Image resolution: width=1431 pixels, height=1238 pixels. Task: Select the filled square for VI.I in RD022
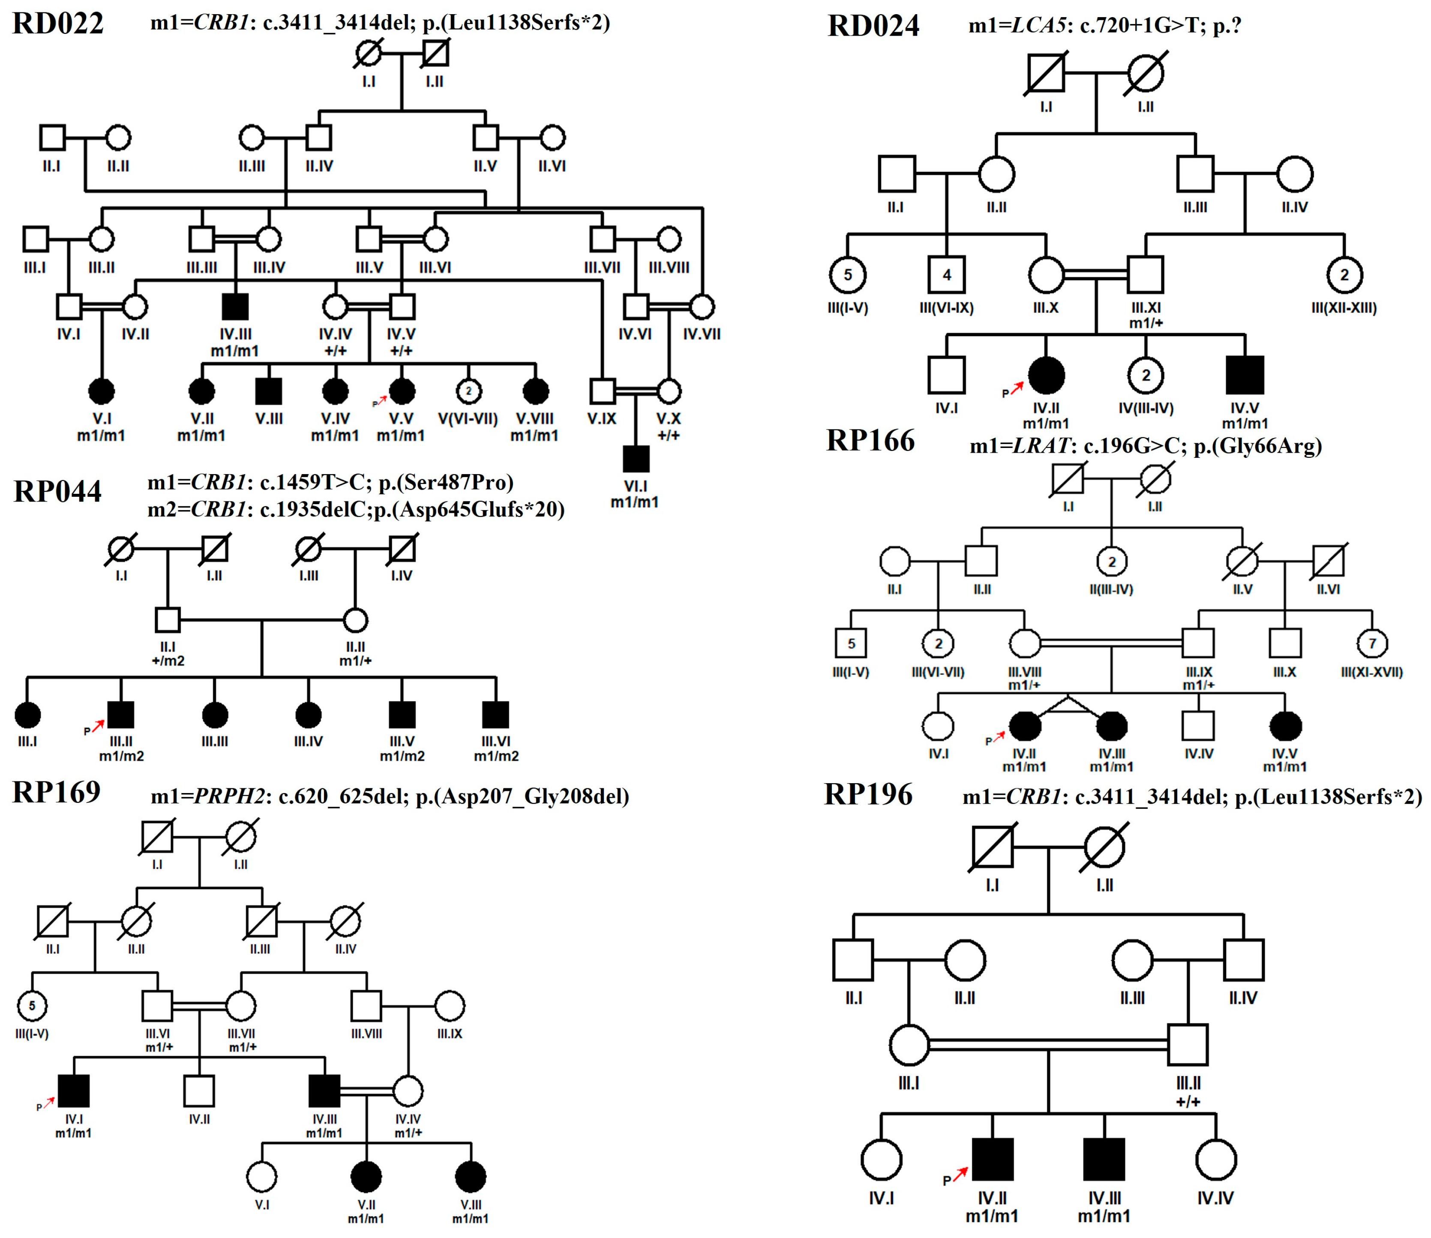636,459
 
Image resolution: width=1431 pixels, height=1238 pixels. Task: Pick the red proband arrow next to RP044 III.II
97,725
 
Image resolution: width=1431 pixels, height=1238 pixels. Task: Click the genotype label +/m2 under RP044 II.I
168,661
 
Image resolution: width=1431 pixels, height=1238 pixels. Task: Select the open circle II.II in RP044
355,620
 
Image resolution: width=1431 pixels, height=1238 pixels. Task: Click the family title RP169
57,793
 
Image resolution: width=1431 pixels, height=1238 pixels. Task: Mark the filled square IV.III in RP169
324,1091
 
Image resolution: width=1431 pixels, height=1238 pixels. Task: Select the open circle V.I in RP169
262,1177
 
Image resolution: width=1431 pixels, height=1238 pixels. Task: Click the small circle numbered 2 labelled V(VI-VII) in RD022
468,391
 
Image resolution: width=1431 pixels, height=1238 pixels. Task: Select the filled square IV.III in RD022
236,307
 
